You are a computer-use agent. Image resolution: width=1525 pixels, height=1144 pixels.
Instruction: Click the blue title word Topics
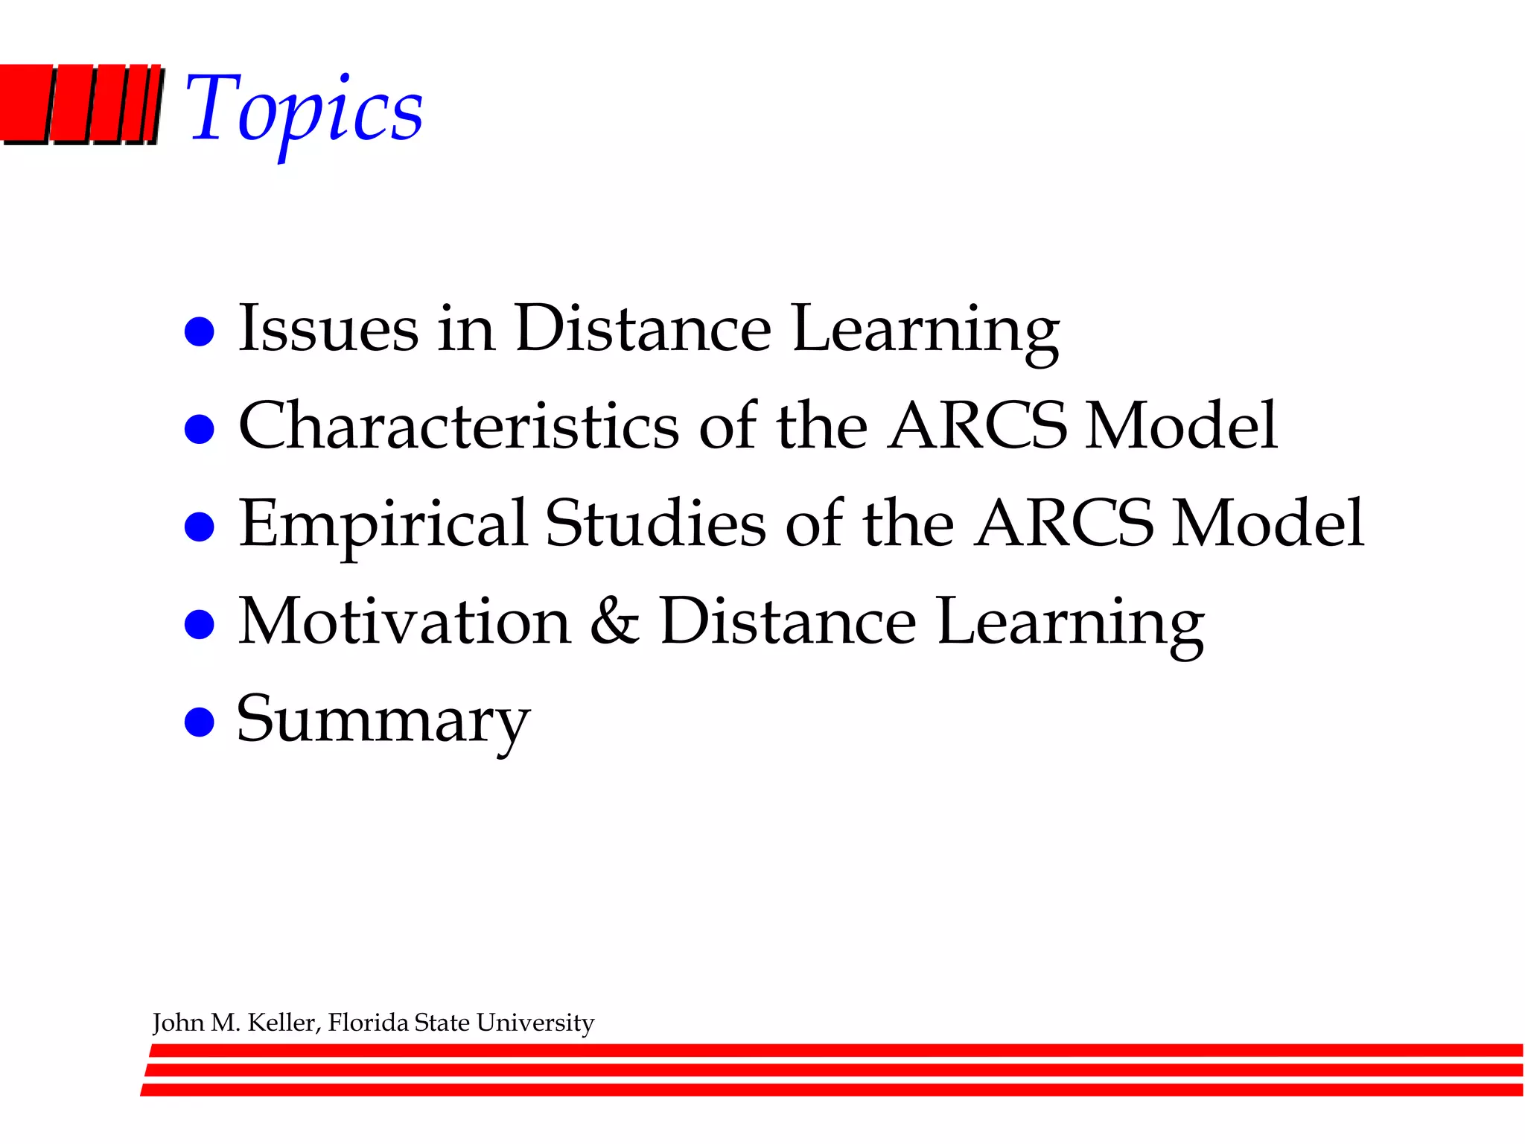[x=304, y=110]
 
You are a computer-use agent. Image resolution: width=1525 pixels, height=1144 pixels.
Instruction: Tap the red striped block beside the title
[x=80, y=104]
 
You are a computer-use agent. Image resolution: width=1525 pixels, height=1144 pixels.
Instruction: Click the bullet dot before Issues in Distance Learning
[x=199, y=331]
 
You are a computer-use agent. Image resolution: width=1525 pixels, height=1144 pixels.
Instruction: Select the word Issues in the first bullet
[x=328, y=328]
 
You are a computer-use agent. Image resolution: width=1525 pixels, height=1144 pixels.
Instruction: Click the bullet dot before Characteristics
[x=199, y=429]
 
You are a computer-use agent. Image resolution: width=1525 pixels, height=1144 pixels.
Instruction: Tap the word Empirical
[x=383, y=524]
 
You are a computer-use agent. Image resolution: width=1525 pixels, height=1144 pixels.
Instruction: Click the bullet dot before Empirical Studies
[x=199, y=527]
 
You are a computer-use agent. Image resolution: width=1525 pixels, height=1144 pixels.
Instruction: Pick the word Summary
[x=383, y=721]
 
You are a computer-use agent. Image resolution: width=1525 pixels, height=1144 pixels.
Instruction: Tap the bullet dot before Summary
[x=199, y=722]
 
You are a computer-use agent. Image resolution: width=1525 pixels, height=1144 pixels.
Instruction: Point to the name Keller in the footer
[x=283, y=1023]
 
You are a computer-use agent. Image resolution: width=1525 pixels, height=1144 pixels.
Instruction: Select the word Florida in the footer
[x=369, y=1023]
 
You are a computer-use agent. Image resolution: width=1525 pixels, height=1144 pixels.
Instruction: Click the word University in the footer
[x=535, y=1023]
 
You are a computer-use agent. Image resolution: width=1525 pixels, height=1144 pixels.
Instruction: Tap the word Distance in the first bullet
[x=643, y=328]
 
